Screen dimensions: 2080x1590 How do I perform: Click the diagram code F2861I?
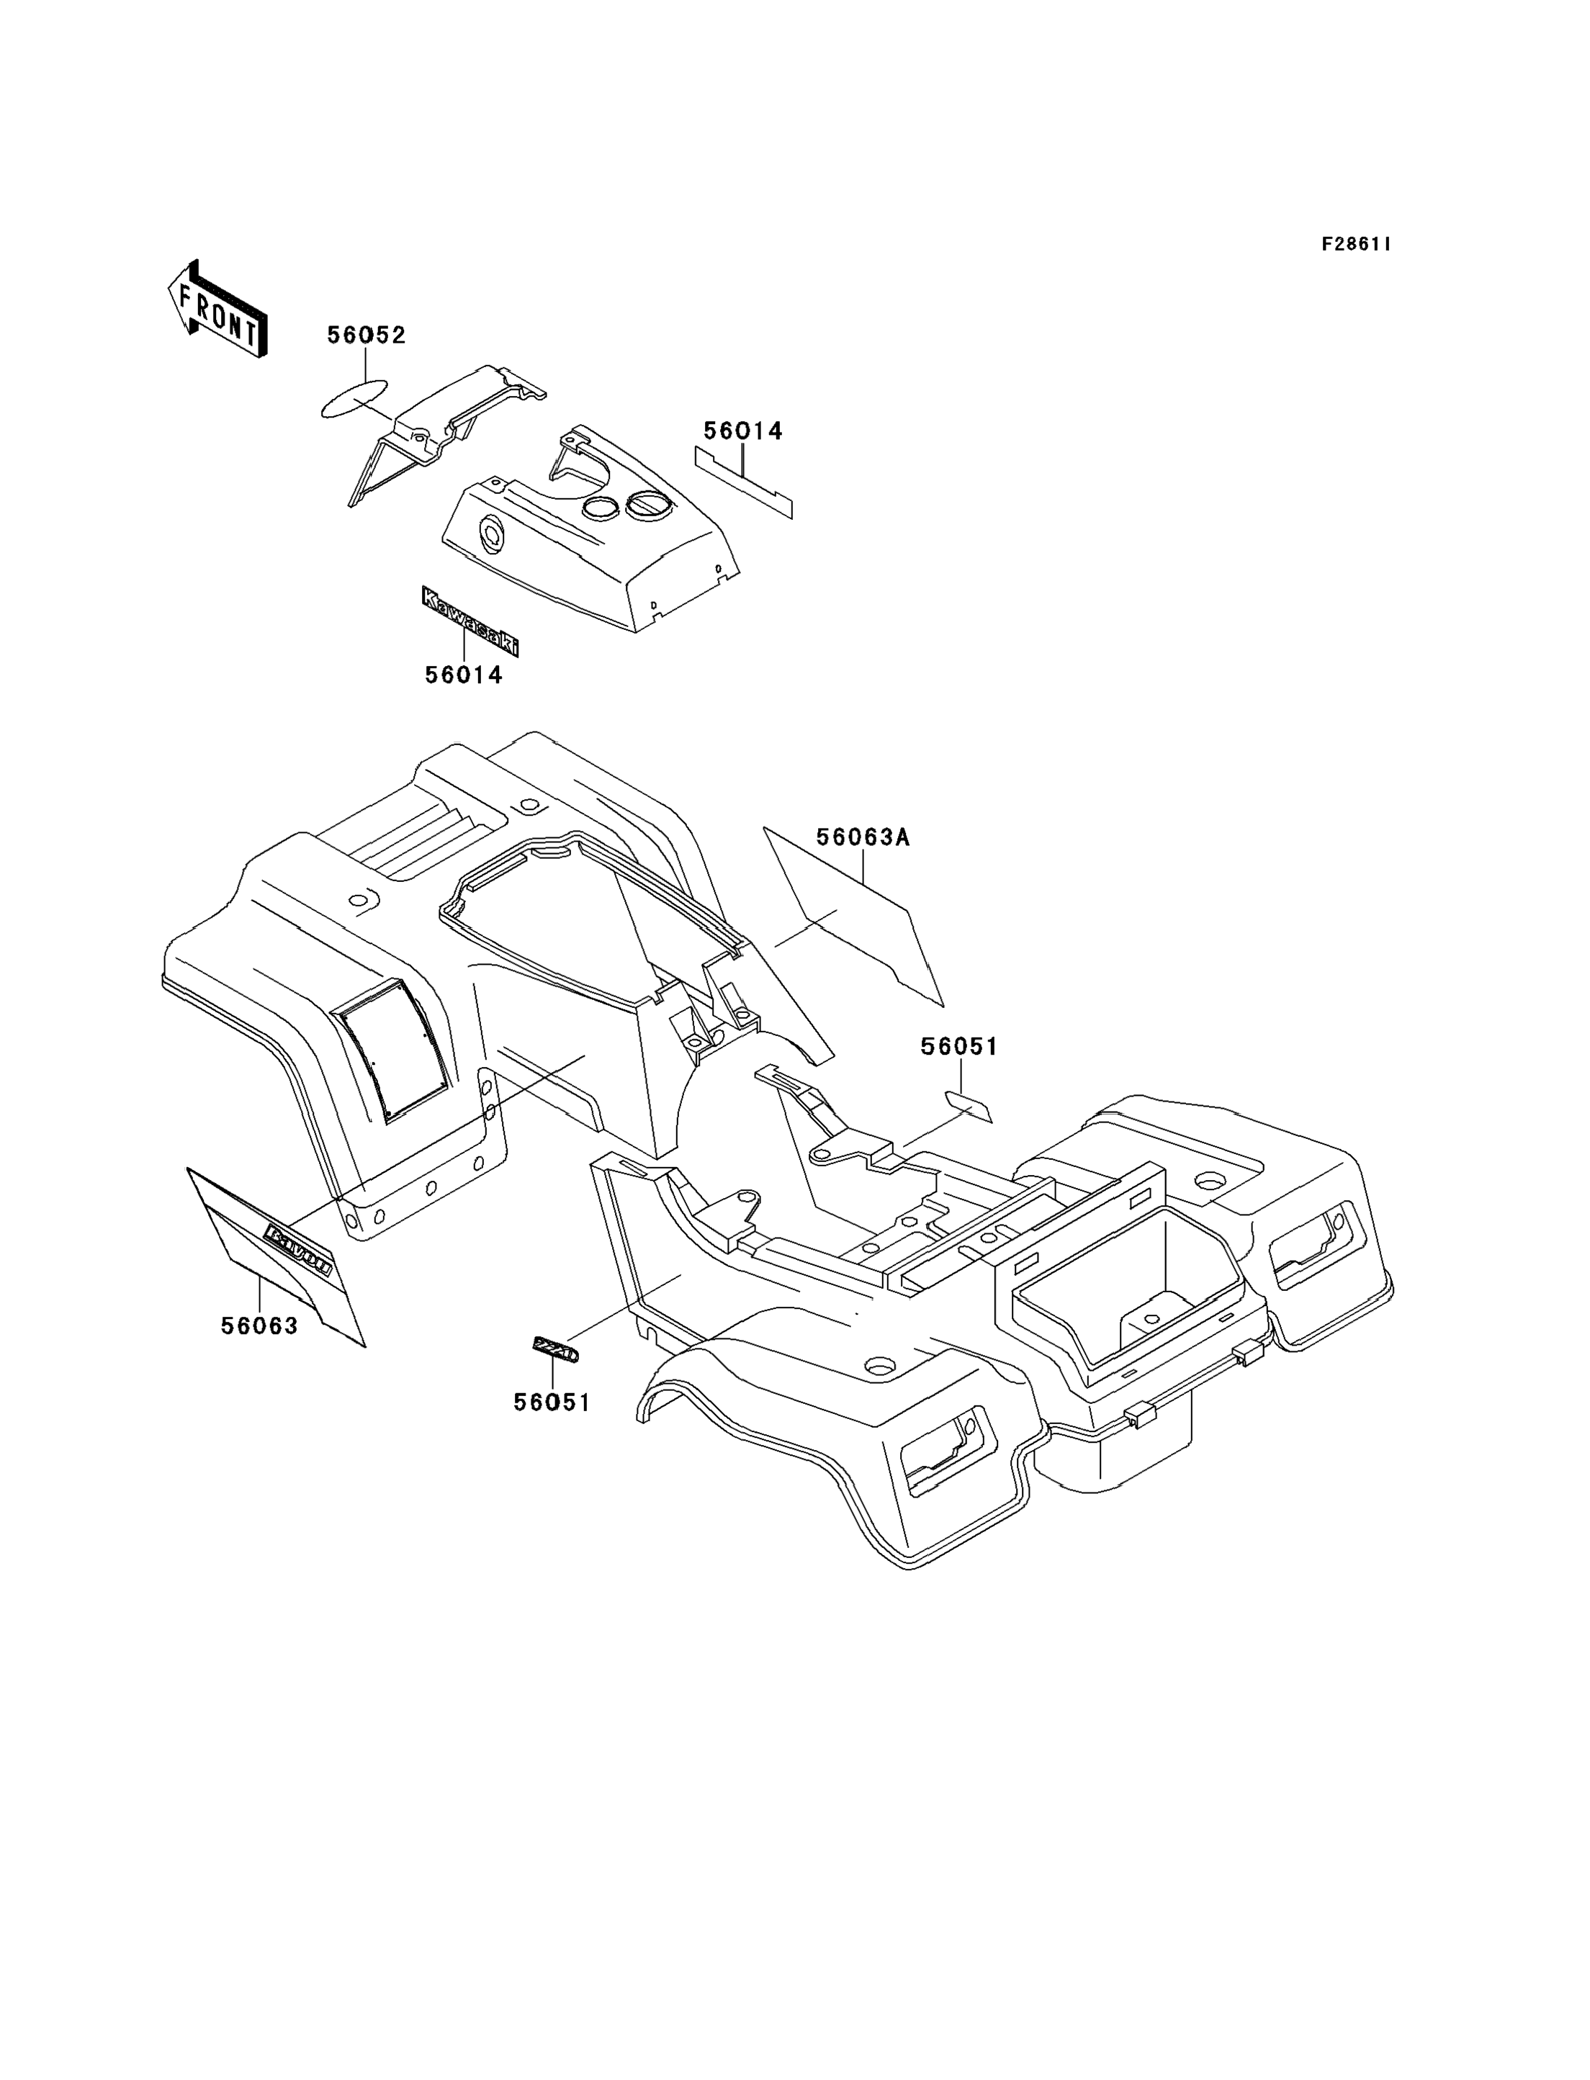[x=1355, y=244]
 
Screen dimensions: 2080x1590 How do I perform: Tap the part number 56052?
[x=367, y=336]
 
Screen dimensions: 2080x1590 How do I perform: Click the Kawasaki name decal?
[x=470, y=621]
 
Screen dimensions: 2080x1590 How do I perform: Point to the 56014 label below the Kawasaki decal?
[x=463, y=675]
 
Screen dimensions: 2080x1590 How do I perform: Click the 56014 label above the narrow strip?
[x=743, y=431]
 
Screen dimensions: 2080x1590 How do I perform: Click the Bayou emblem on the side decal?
[x=298, y=1249]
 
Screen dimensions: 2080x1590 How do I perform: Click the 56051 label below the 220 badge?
[x=552, y=1403]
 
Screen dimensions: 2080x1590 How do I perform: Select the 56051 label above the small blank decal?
[x=958, y=1047]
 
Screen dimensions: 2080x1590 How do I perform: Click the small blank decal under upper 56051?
[x=969, y=1105]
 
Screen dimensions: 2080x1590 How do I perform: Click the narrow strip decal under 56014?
[x=744, y=482]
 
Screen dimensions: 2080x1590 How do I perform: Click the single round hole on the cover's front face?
[x=492, y=533]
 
